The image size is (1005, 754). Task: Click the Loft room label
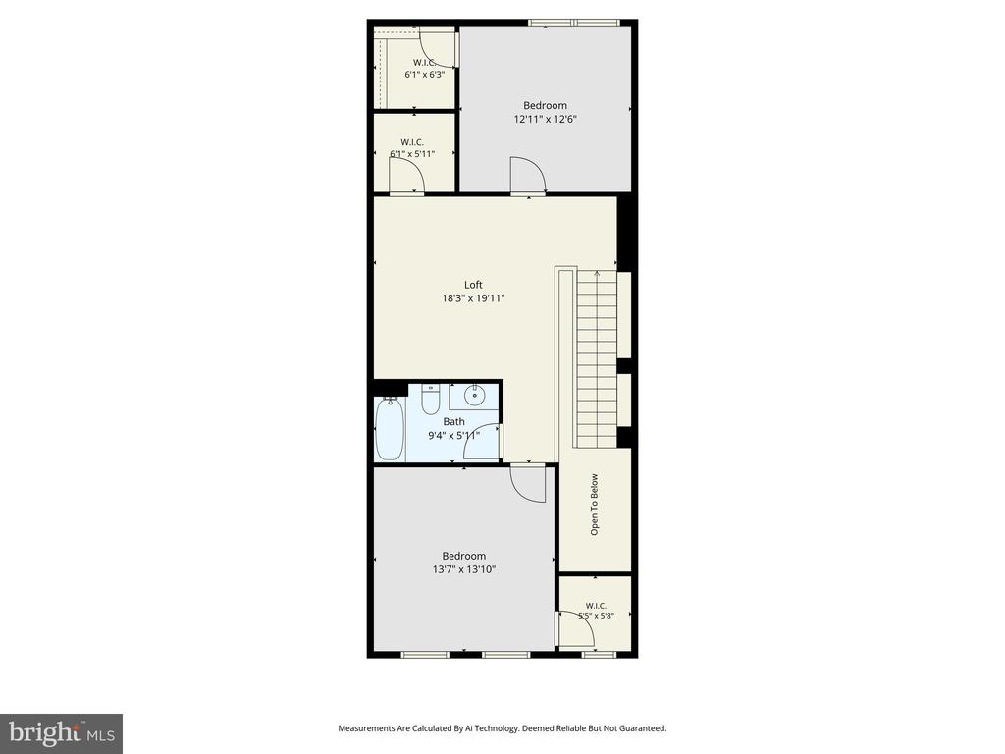tap(473, 285)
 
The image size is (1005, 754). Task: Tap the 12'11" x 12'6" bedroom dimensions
tap(546, 119)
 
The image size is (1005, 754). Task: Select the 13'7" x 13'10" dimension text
tap(464, 569)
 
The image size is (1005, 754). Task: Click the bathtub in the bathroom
tap(389, 430)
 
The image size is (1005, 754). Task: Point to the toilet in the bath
tap(431, 400)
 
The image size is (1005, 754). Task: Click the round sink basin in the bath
tap(474, 395)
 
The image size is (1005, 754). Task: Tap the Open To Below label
tap(594, 505)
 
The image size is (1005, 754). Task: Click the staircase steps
tap(597, 359)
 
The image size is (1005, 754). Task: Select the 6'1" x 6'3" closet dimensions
tap(424, 75)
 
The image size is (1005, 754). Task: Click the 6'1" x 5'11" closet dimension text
tap(412, 154)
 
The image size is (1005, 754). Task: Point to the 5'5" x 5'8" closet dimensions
tap(596, 616)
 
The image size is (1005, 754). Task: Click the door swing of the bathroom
tap(481, 442)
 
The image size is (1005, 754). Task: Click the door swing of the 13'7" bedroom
tap(528, 485)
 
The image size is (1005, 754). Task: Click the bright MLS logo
tap(62, 732)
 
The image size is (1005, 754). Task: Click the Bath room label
tap(453, 422)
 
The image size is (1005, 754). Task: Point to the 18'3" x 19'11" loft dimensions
tap(473, 298)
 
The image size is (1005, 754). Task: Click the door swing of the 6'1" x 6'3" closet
tap(438, 47)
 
